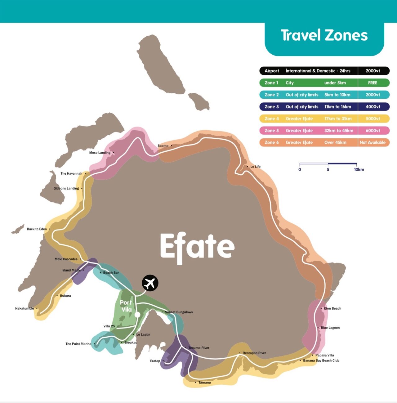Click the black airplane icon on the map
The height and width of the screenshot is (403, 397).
[150, 283]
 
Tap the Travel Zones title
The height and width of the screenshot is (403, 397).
[324, 35]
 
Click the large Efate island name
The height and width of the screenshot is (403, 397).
[197, 247]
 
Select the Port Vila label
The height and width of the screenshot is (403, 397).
[126, 306]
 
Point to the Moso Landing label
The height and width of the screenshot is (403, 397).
[100, 153]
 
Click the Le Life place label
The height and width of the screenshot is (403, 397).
[255, 167]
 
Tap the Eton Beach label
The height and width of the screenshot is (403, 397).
[332, 308]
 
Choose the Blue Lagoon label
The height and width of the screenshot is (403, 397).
[330, 328]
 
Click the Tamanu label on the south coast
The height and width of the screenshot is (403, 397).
[204, 383]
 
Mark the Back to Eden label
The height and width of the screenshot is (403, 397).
[37, 229]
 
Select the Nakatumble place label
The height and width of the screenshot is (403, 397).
[25, 308]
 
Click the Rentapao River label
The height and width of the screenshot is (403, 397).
[254, 353]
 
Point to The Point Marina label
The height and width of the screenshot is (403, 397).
[78, 344]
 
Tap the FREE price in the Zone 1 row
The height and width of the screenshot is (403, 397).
[372, 83]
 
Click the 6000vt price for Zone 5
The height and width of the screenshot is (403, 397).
[372, 131]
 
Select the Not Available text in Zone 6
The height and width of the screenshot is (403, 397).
[372, 142]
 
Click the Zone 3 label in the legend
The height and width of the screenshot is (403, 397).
[271, 107]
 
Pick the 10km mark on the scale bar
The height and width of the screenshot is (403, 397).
[359, 169]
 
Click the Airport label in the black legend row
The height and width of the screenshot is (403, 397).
[272, 71]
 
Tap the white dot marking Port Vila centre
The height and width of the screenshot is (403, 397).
[137, 315]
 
